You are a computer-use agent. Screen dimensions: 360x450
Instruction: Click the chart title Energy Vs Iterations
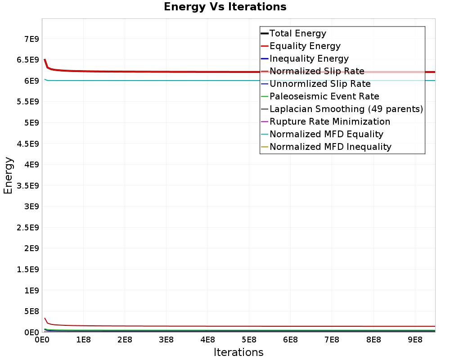(225, 7)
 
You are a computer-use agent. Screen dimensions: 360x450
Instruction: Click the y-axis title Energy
(8, 175)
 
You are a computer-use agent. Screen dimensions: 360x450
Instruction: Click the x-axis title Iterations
(238, 352)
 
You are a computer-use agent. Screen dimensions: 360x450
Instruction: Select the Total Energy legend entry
(297, 33)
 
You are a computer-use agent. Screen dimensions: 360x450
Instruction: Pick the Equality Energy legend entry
(305, 46)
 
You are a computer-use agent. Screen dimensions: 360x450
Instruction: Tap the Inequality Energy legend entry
(309, 58)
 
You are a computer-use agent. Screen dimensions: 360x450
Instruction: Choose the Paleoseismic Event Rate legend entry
(324, 96)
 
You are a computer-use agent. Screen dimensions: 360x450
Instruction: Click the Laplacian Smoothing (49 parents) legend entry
(346, 109)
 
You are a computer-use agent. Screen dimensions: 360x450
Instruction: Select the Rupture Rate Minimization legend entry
(330, 121)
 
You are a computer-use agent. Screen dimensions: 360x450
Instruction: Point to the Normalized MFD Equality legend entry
(326, 134)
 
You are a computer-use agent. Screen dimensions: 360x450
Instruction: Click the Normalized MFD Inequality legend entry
(330, 147)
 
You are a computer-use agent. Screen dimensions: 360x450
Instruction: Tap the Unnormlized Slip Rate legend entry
(320, 84)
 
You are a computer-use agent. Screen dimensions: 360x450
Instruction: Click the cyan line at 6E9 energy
(180, 81)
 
